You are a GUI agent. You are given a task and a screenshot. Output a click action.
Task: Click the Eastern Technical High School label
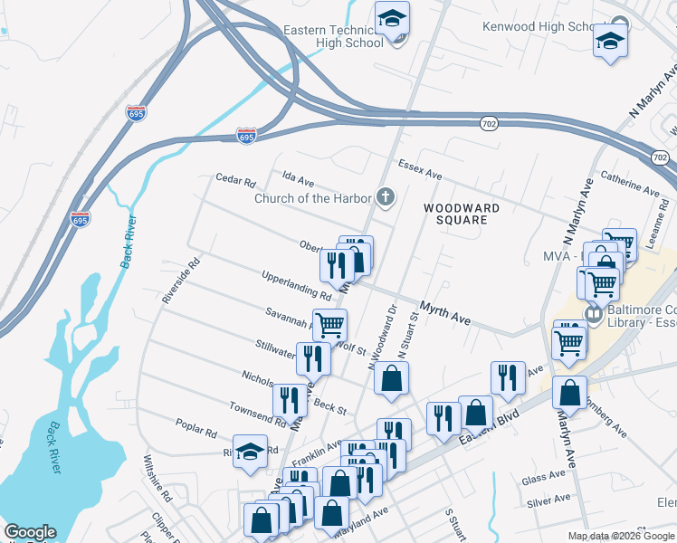click(333, 36)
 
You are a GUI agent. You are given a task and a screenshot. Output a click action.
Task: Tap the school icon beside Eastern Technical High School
click(393, 19)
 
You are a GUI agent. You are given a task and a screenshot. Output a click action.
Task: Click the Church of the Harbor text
click(313, 199)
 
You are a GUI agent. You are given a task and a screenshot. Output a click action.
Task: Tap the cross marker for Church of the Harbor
click(386, 196)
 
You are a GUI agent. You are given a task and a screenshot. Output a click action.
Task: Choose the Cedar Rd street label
click(236, 179)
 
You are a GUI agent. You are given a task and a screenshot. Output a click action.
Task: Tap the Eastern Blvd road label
click(479, 433)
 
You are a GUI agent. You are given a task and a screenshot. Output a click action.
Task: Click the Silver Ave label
click(548, 499)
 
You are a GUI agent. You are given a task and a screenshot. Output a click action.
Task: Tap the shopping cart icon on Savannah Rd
click(329, 323)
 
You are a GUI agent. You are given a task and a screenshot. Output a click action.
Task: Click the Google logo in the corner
click(29, 532)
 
